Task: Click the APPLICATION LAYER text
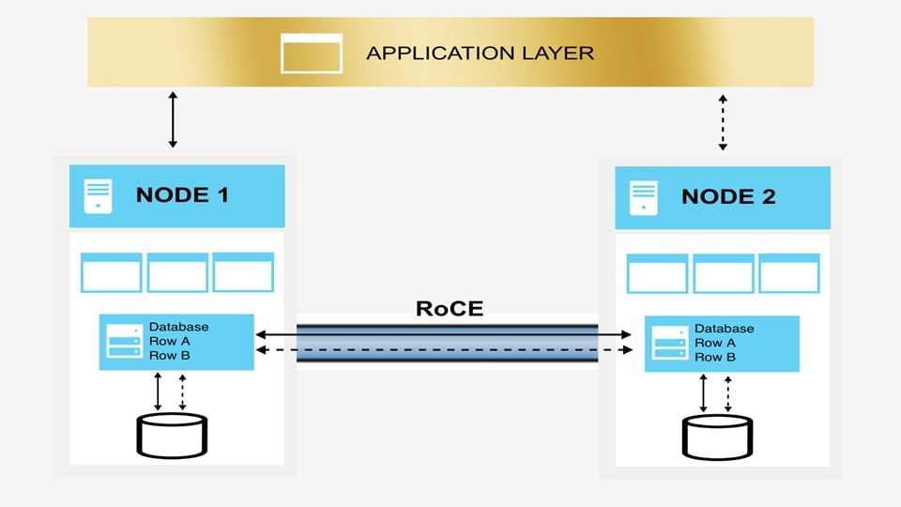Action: tap(480, 53)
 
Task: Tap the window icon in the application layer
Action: tap(312, 53)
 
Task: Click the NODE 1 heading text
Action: tap(182, 195)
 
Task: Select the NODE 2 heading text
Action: tap(728, 197)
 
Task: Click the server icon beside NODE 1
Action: tap(98, 196)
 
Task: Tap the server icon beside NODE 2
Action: tap(643, 198)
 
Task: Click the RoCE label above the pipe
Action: tap(449, 309)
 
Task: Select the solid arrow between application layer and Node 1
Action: tap(173, 119)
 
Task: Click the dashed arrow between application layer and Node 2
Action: tap(722, 121)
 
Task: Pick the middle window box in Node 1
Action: tap(177, 272)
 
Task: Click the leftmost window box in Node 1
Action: tap(111, 272)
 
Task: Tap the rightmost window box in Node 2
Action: tap(789, 273)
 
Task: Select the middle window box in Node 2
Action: tap(723, 273)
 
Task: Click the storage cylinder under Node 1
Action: tap(172, 435)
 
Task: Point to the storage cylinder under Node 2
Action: tap(717, 437)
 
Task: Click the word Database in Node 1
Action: tap(178, 327)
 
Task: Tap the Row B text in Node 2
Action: tap(714, 358)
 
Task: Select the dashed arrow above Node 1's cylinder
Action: tap(182, 392)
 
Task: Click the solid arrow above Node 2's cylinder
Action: tap(704, 392)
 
